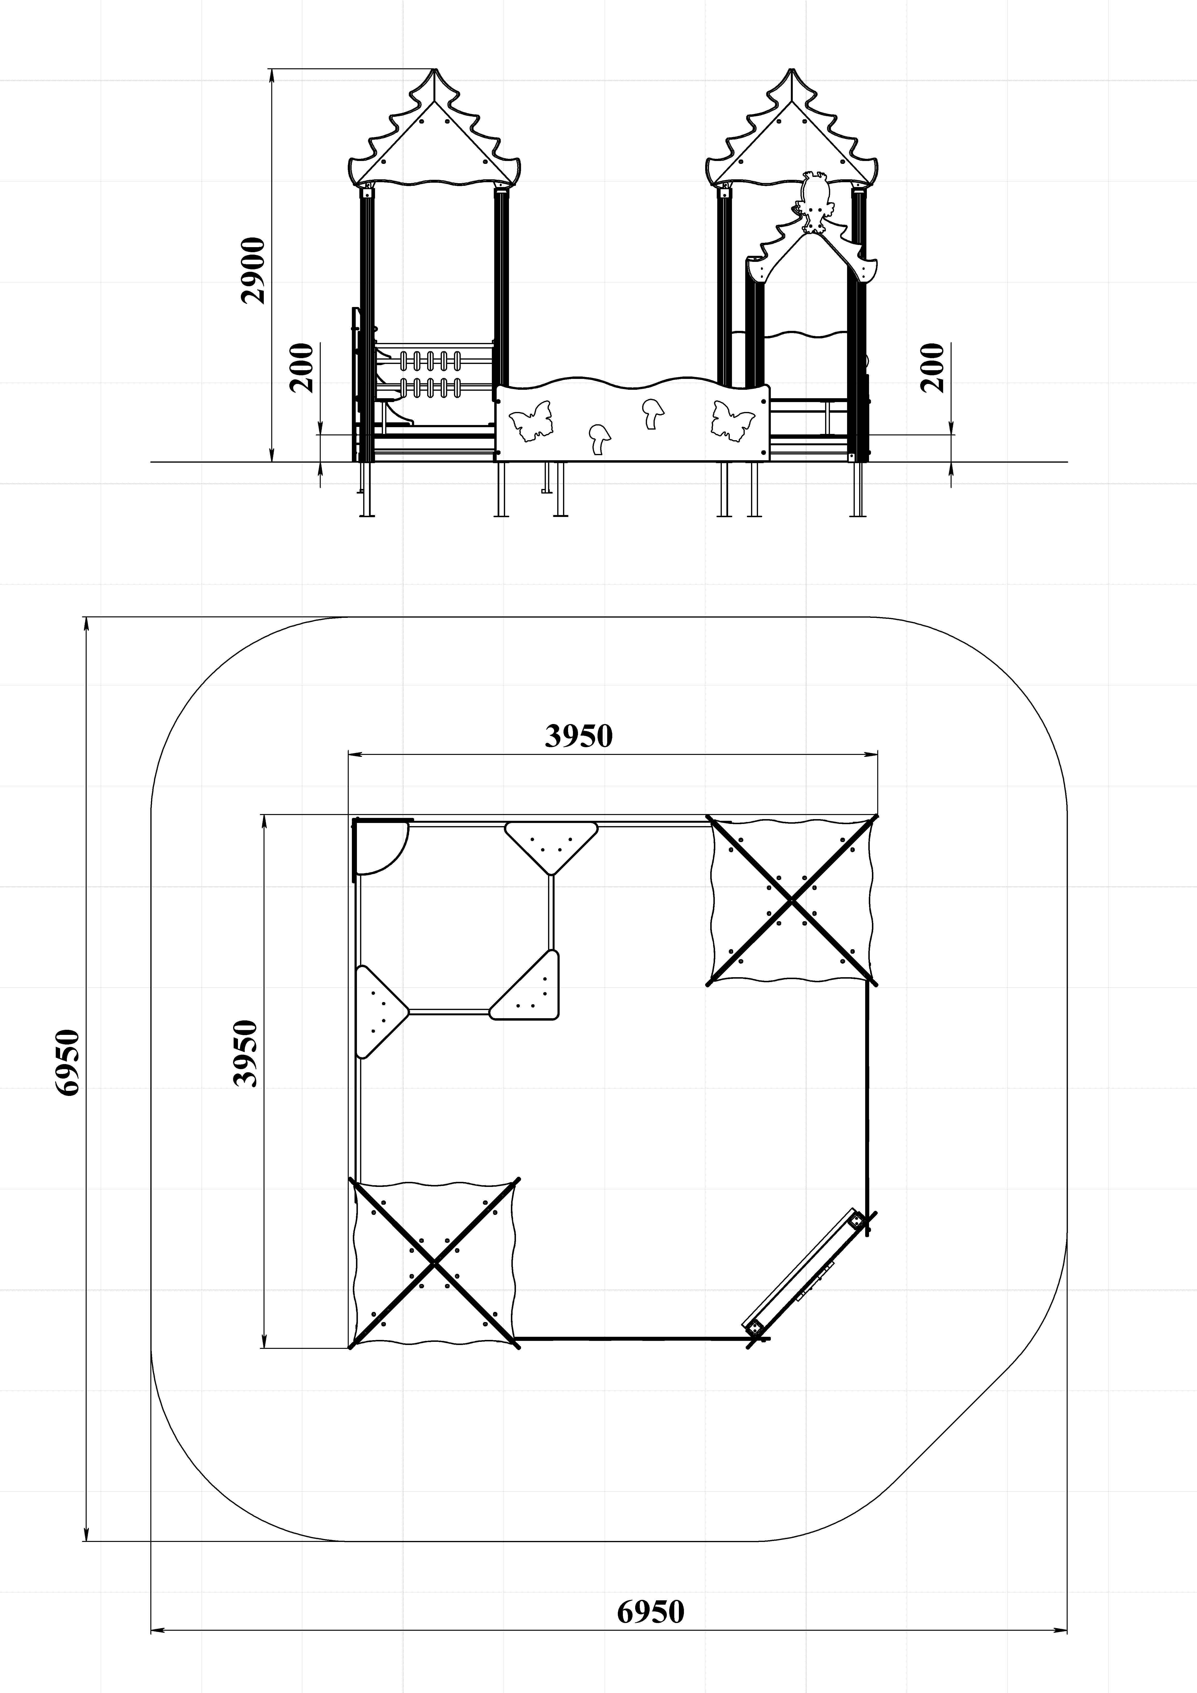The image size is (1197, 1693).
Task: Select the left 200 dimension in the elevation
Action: [x=302, y=367]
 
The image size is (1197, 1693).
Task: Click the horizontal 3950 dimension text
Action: [x=579, y=736]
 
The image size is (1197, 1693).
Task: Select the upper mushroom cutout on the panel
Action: [x=651, y=414]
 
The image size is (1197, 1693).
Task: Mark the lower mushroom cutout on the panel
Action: [x=599, y=439]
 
